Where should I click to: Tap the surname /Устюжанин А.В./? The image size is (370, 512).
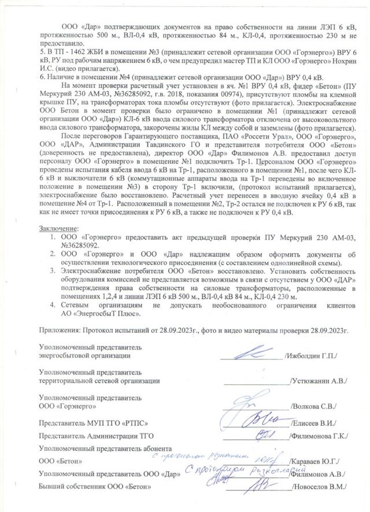[317, 381]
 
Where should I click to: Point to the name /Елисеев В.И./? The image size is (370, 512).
[315, 422]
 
